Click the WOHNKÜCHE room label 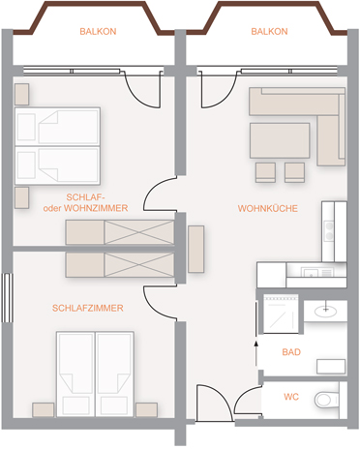pyautogui.click(x=268, y=208)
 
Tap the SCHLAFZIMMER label pyautogui.click(x=88, y=308)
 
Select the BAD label pyautogui.click(x=291, y=352)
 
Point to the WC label pyautogui.click(x=291, y=397)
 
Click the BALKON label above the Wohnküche pyautogui.click(x=269, y=31)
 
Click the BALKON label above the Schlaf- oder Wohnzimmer pyautogui.click(x=98, y=31)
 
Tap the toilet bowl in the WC pyautogui.click(x=326, y=400)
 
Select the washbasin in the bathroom pyautogui.click(x=325, y=311)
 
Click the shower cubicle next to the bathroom pyautogui.click(x=281, y=314)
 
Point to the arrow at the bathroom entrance pyautogui.click(x=256, y=353)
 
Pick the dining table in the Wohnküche pyautogui.click(x=280, y=140)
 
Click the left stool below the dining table pyautogui.click(x=265, y=172)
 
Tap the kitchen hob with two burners pyautogui.click(x=329, y=231)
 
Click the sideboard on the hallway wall pyautogui.click(x=196, y=249)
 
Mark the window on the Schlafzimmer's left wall pyautogui.click(x=7, y=298)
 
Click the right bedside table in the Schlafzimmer pyautogui.click(x=146, y=409)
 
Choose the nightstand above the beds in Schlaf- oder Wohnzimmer pyautogui.click(x=22, y=94)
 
